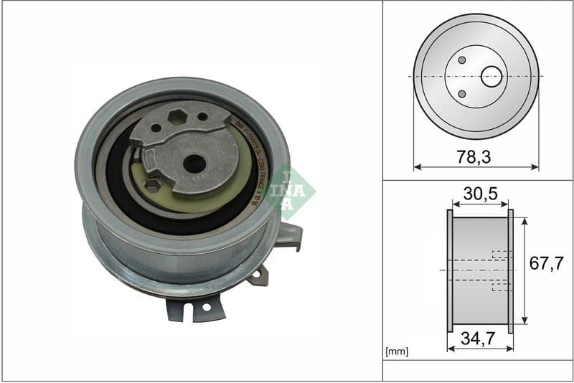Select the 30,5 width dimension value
[480, 194]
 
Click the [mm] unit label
[396, 352]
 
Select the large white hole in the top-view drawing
[491, 76]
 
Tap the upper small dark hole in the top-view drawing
[462, 60]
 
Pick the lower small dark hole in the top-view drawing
[462, 93]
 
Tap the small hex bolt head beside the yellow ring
[152, 185]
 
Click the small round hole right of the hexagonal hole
[202, 116]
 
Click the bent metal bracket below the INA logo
[288, 235]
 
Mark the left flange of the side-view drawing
[450, 270]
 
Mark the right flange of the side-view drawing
[511, 270]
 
